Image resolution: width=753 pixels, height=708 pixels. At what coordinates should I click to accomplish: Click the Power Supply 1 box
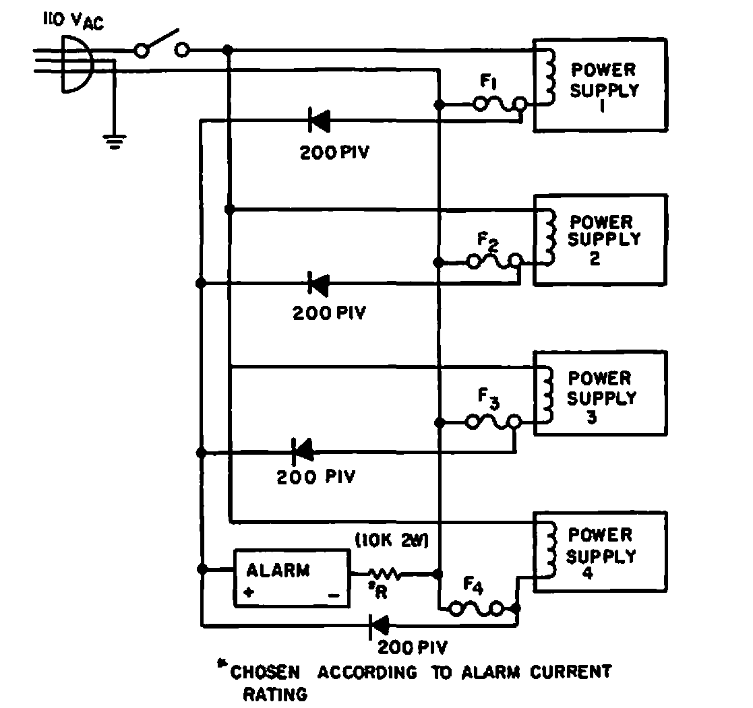[600, 84]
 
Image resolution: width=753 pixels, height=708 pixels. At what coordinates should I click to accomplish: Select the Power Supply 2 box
[600, 240]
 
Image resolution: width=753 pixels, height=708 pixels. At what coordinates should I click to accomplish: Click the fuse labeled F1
[500, 104]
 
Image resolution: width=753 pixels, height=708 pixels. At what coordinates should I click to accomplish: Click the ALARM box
[292, 579]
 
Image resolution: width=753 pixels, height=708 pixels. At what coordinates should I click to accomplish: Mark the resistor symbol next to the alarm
[385, 575]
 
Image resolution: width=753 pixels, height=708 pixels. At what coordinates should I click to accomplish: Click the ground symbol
[115, 141]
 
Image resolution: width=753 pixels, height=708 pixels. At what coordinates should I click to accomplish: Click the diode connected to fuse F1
[319, 121]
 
